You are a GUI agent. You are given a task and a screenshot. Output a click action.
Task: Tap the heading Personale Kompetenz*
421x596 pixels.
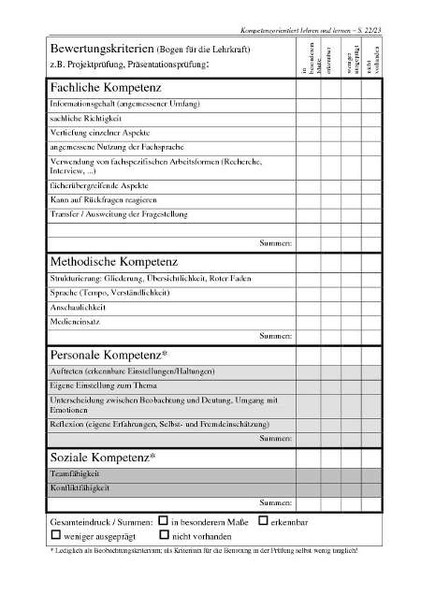coord(109,355)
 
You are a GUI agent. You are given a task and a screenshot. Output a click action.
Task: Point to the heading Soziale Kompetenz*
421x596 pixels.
coord(102,458)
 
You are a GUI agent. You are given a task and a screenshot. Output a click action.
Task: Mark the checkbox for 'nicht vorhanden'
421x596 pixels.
coord(164,535)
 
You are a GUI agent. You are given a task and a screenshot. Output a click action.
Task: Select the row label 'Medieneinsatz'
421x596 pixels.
coord(74,321)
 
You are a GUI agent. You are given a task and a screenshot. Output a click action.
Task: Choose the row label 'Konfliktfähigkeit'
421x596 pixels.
coord(80,488)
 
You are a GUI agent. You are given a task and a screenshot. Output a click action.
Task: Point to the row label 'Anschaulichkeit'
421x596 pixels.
coord(79,307)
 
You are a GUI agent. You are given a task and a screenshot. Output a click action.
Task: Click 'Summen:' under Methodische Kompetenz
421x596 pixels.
coord(275,335)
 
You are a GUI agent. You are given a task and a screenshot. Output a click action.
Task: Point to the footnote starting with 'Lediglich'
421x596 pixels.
coord(201,551)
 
